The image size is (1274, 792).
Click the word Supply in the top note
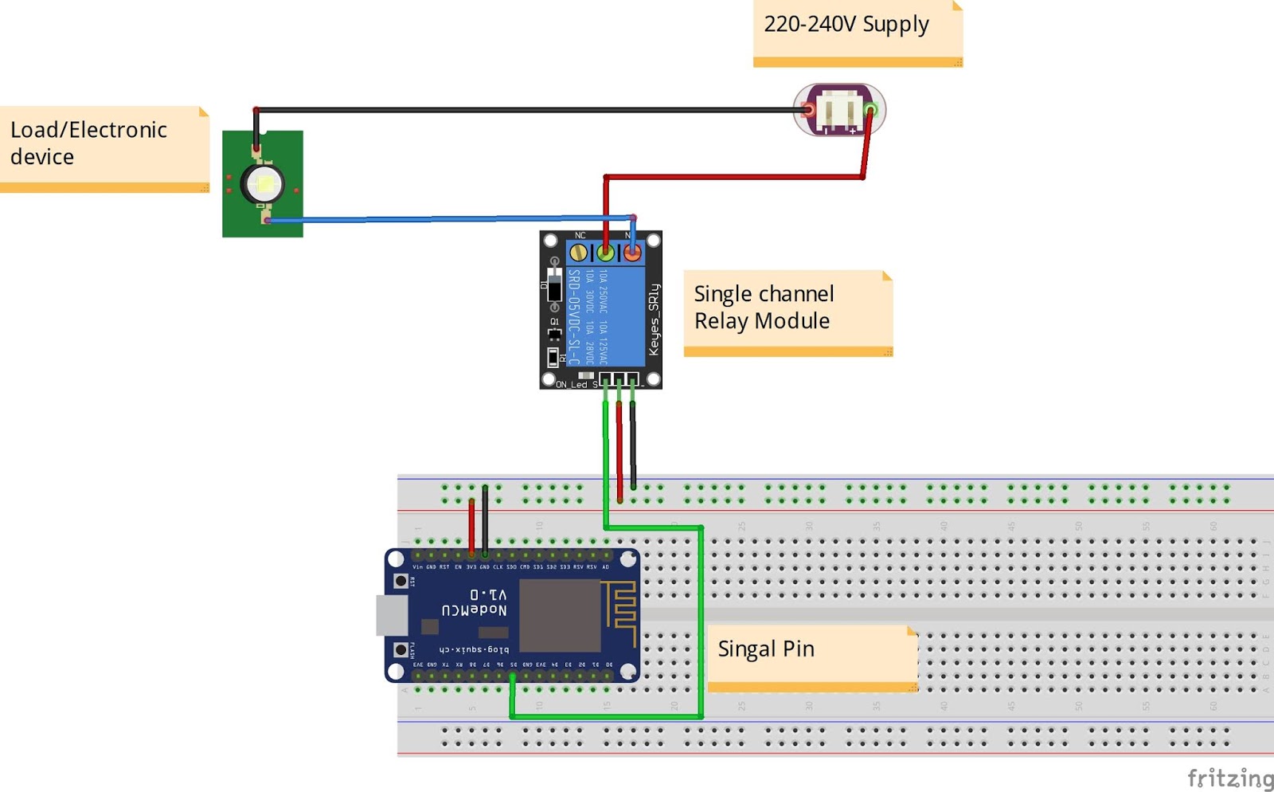coord(896,25)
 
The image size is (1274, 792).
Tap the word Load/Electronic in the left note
coord(88,130)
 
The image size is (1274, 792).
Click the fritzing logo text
coord(1230,778)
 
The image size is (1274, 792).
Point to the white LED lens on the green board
coord(263,185)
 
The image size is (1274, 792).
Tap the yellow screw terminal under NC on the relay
coord(579,253)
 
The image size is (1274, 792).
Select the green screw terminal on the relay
coord(606,253)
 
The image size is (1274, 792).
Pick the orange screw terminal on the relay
coord(632,253)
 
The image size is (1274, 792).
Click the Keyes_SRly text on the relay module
coord(654,320)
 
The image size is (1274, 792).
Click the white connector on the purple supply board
coord(840,110)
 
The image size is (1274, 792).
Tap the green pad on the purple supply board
coord(871,110)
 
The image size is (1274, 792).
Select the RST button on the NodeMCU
coord(401,582)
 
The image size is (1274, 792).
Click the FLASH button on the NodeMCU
coord(401,650)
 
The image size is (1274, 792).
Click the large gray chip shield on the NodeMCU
coord(560,615)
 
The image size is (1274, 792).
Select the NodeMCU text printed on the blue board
coord(475,610)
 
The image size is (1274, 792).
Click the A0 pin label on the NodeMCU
coord(605,567)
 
